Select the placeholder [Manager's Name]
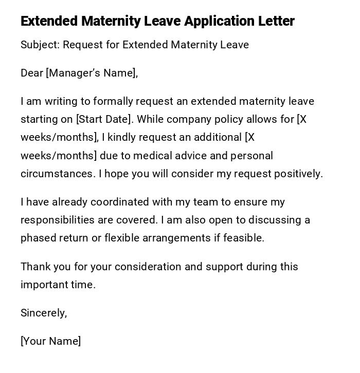pos(92,73)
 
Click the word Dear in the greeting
pos(31,73)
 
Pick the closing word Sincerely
pos(43,313)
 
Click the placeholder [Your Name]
pos(50,341)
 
